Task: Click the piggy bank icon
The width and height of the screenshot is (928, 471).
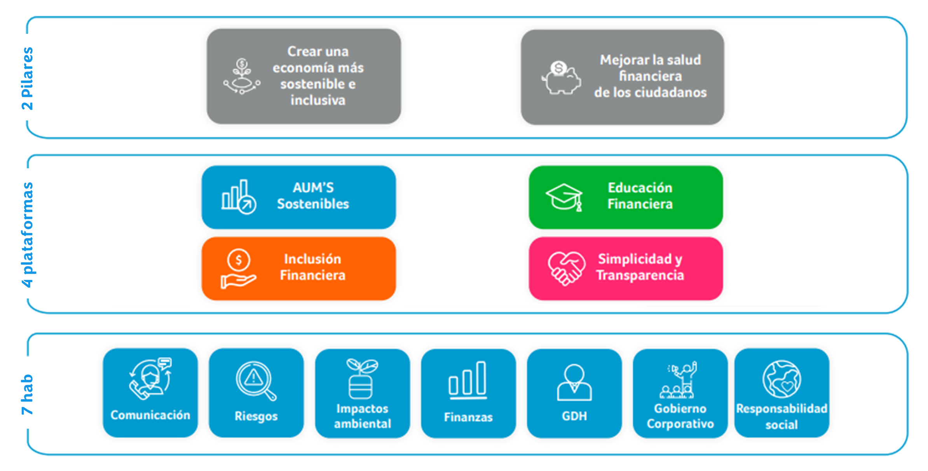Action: [561, 78]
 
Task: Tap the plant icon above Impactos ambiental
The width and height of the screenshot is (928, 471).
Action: [361, 379]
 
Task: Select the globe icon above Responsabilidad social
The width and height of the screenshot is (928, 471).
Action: [781, 379]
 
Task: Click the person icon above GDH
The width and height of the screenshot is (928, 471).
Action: [574, 382]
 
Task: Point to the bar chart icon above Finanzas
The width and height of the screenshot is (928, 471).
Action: [468, 380]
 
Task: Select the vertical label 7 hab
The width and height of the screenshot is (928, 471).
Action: [28, 394]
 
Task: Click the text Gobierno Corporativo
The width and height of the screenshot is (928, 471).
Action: [680, 416]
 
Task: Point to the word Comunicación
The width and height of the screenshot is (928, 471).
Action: [150, 415]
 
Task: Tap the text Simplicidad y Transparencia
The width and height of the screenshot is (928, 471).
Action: [640, 267]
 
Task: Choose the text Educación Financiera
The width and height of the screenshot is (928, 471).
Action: [640, 196]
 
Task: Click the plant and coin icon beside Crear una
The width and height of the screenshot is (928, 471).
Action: [242, 76]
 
